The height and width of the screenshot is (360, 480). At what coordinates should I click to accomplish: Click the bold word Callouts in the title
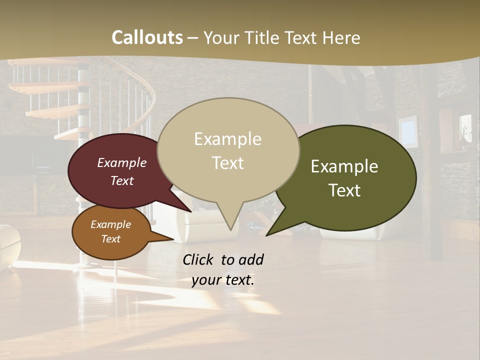click(147, 37)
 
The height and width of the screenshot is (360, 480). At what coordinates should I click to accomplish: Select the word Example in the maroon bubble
click(122, 162)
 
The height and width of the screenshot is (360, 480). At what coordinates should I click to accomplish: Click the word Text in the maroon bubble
click(122, 180)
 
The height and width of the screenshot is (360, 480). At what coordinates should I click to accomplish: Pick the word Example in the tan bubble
click(227, 139)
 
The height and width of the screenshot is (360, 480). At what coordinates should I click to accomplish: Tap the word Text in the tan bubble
click(227, 163)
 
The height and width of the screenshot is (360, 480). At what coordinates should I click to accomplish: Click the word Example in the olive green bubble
click(344, 166)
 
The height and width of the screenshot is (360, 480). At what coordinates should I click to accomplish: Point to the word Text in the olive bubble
click(344, 190)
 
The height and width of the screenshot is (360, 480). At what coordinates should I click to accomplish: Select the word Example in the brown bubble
click(110, 224)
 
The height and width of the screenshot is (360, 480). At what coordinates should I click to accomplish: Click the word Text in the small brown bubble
click(110, 239)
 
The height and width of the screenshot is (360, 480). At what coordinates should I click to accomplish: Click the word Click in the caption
click(199, 259)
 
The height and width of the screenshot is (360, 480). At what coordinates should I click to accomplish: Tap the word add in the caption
click(251, 259)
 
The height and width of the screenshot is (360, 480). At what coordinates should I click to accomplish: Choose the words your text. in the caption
click(223, 280)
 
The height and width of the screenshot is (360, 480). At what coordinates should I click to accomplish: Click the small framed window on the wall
click(408, 131)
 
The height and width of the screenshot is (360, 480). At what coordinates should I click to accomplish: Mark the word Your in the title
click(221, 38)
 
